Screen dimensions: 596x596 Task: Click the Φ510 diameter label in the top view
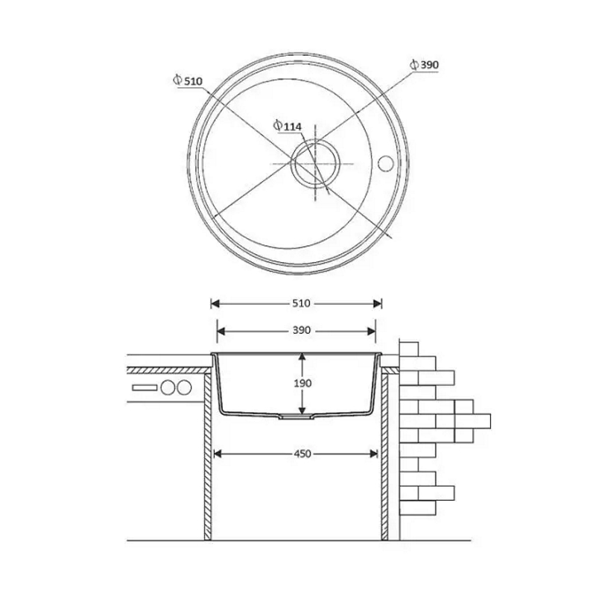coord(188,81)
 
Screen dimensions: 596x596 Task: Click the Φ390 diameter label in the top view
coord(424,65)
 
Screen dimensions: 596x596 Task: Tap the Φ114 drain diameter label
coord(288,126)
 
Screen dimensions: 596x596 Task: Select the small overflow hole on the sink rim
coord(385,163)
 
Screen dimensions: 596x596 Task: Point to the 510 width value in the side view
coord(302,303)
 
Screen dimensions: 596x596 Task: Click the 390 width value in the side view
coord(302,330)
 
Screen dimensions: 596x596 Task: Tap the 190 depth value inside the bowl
coord(302,383)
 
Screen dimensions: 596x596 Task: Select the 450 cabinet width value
coord(302,454)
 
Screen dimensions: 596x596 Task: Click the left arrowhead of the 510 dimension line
coord(215,303)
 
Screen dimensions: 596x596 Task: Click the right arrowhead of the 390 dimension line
coord(371,331)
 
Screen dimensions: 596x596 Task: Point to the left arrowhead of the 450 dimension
coord(218,454)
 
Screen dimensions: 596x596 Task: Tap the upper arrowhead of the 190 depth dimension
coord(302,358)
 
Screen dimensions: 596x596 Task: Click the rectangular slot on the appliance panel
coord(145,387)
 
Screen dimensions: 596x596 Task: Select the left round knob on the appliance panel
coord(167,387)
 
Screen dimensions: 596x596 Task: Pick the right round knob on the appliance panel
coord(184,387)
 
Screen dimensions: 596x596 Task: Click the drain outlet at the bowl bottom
coord(297,417)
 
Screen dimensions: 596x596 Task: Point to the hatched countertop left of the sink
coord(169,370)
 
